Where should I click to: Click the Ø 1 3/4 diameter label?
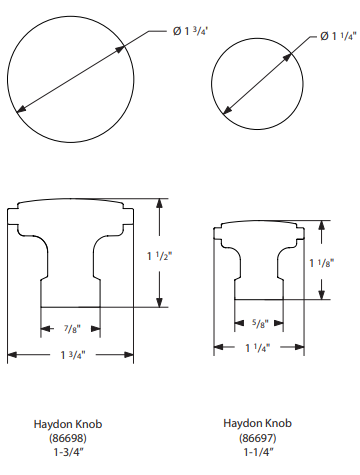click(x=191, y=31)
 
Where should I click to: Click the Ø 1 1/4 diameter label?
click(x=338, y=36)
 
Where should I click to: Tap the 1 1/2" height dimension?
click(x=160, y=256)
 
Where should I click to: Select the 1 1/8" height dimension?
click(x=322, y=263)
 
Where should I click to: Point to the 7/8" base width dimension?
click(x=72, y=329)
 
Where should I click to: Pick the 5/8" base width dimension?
click(x=260, y=323)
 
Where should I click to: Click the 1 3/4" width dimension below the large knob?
click(x=73, y=355)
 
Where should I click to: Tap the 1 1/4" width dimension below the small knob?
click(x=258, y=348)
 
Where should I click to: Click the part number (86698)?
click(x=68, y=438)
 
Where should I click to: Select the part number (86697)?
click(x=258, y=437)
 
